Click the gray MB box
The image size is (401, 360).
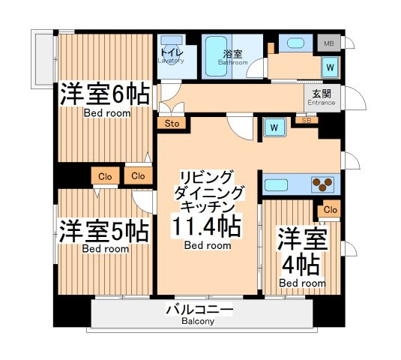329,43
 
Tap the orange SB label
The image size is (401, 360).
307,120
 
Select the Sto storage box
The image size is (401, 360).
172,123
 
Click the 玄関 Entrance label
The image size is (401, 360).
322,97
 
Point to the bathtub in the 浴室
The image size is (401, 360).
216,56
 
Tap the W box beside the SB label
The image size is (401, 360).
274,127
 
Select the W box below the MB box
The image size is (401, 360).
330,67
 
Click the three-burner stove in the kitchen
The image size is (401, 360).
322,184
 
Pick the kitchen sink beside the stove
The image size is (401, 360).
276,184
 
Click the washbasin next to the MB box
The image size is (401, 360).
295,43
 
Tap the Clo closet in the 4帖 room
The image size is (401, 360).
329,210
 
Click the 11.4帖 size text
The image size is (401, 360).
207,226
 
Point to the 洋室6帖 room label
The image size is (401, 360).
105,94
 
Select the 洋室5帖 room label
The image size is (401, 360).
104,231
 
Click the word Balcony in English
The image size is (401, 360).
198,321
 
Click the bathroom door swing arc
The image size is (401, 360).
253,66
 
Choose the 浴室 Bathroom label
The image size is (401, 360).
232,58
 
